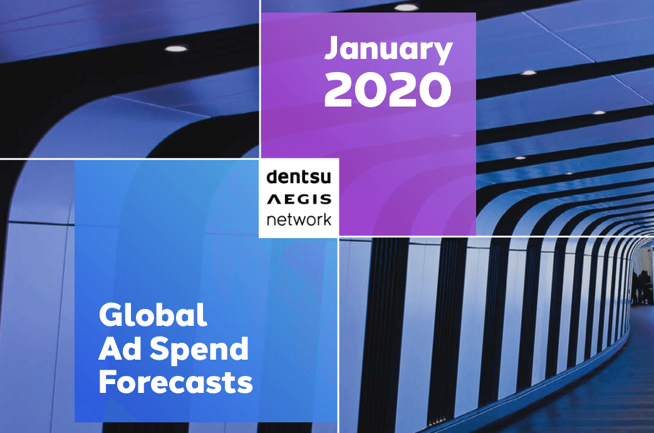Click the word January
(x=388, y=50)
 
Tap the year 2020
(x=388, y=89)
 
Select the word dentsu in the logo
(x=299, y=177)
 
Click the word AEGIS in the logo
(x=299, y=199)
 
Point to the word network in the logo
(x=299, y=219)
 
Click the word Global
(x=153, y=315)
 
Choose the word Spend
(x=199, y=350)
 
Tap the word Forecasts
(x=175, y=382)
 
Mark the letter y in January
(x=442, y=53)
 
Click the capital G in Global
(x=110, y=315)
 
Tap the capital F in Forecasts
(x=107, y=382)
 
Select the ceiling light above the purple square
(x=406, y=8)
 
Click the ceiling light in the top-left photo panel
(x=175, y=49)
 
